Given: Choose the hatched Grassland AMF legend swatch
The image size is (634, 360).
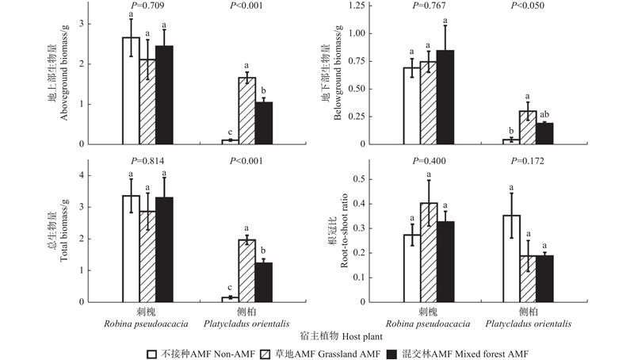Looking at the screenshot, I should [279, 350].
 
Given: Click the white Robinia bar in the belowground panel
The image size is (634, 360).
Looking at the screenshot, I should [412, 105].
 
